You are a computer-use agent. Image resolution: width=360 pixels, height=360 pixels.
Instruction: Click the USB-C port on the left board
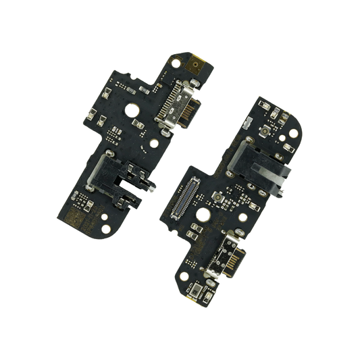177,108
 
